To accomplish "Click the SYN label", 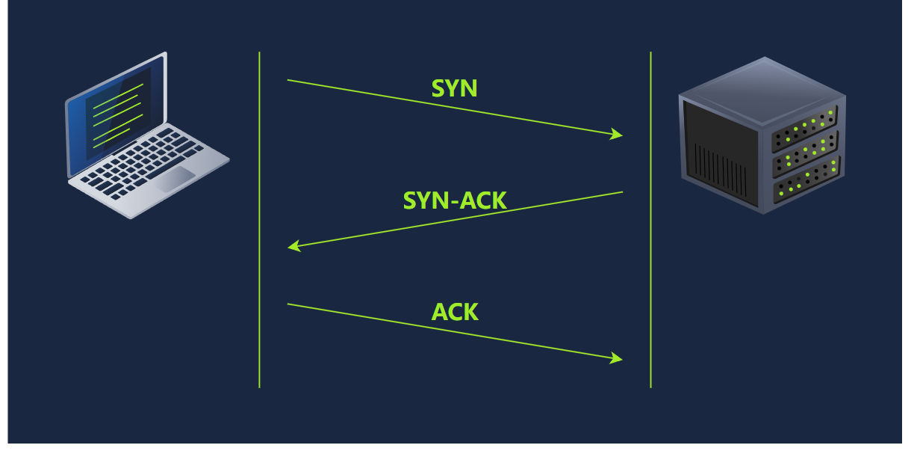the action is click(454, 89).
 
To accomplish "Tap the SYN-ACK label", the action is click(455, 200).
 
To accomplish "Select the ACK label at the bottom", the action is click(455, 312).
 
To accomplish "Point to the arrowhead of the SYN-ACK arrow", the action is click(293, 246).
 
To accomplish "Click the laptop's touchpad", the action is click(177, 180).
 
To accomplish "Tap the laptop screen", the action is click(117, 112).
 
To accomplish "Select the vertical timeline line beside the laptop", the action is click(259, 224).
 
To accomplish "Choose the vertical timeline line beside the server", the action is click(650, 224).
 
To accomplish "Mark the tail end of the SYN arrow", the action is click(288, 80).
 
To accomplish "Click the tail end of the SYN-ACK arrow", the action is click(622, 192).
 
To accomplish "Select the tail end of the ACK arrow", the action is click(288, 304).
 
